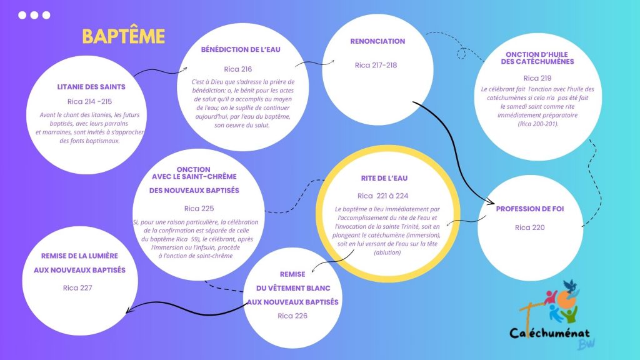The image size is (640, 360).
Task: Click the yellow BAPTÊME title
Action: click(x=124, y=36)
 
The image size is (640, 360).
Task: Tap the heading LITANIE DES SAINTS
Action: click(x=91, y=87)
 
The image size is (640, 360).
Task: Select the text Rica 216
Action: click(x=238, y=69)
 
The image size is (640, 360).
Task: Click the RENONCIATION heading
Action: click(x=377, y=41)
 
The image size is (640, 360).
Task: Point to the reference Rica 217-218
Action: click(x=376, y=65)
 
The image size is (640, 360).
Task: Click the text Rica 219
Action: click(x=537, y=78)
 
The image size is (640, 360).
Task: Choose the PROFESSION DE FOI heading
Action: click(x=530, y=209)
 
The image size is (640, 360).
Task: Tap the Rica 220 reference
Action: click(x=530, y=227)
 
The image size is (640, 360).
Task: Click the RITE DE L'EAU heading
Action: click(x=384, y=178)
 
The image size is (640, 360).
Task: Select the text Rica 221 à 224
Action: click(x=383, y=196)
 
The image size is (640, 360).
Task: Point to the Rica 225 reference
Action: click(x=199, y=209)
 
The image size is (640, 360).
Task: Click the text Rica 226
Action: click(x=292, y=316)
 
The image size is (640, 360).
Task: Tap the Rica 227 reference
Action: click(x=77, y=288)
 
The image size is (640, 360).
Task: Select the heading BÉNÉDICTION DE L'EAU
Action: click(x=241, y=50)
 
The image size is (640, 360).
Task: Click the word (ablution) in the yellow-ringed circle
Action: click(x=387, y=252)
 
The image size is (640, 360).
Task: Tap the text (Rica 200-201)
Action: click(x=538, y=124)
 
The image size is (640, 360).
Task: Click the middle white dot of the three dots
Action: click(x=34, y=15)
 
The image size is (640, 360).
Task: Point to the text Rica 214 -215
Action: click(x=89, y=102)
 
